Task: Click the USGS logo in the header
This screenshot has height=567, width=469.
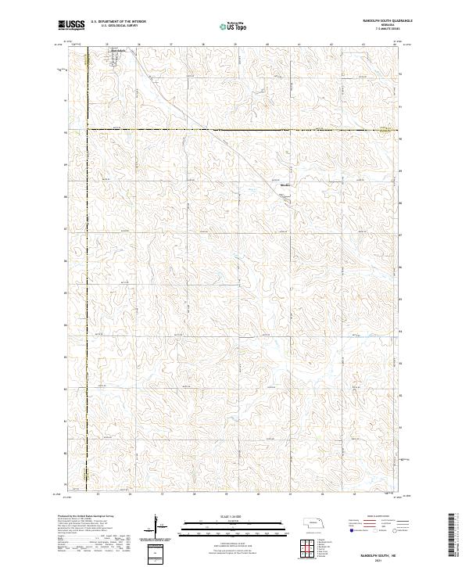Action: point(71,25)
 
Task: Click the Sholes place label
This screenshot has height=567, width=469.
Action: point(285,185)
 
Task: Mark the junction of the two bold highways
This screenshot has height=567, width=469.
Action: point(87,129)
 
